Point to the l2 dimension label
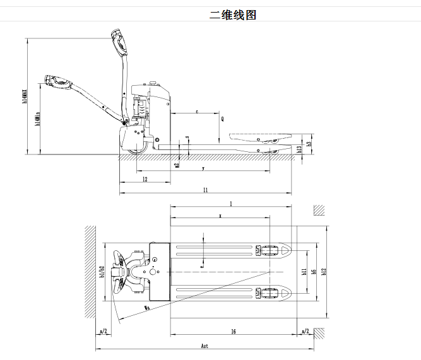[145, 180]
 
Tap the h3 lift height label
[309, 143]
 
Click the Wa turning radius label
[146, 308]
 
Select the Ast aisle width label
[205, 346]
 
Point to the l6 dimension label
[233, 331]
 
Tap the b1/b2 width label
[102, 272]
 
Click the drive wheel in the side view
[137, 147]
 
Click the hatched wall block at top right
[319, 210]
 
